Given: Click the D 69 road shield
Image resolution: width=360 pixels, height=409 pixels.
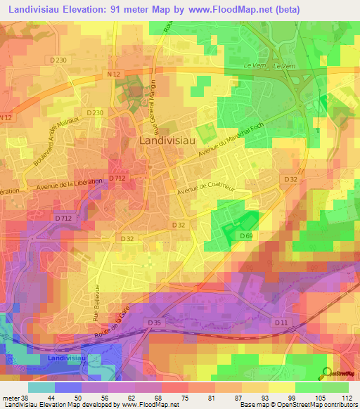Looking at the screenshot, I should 246,235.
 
